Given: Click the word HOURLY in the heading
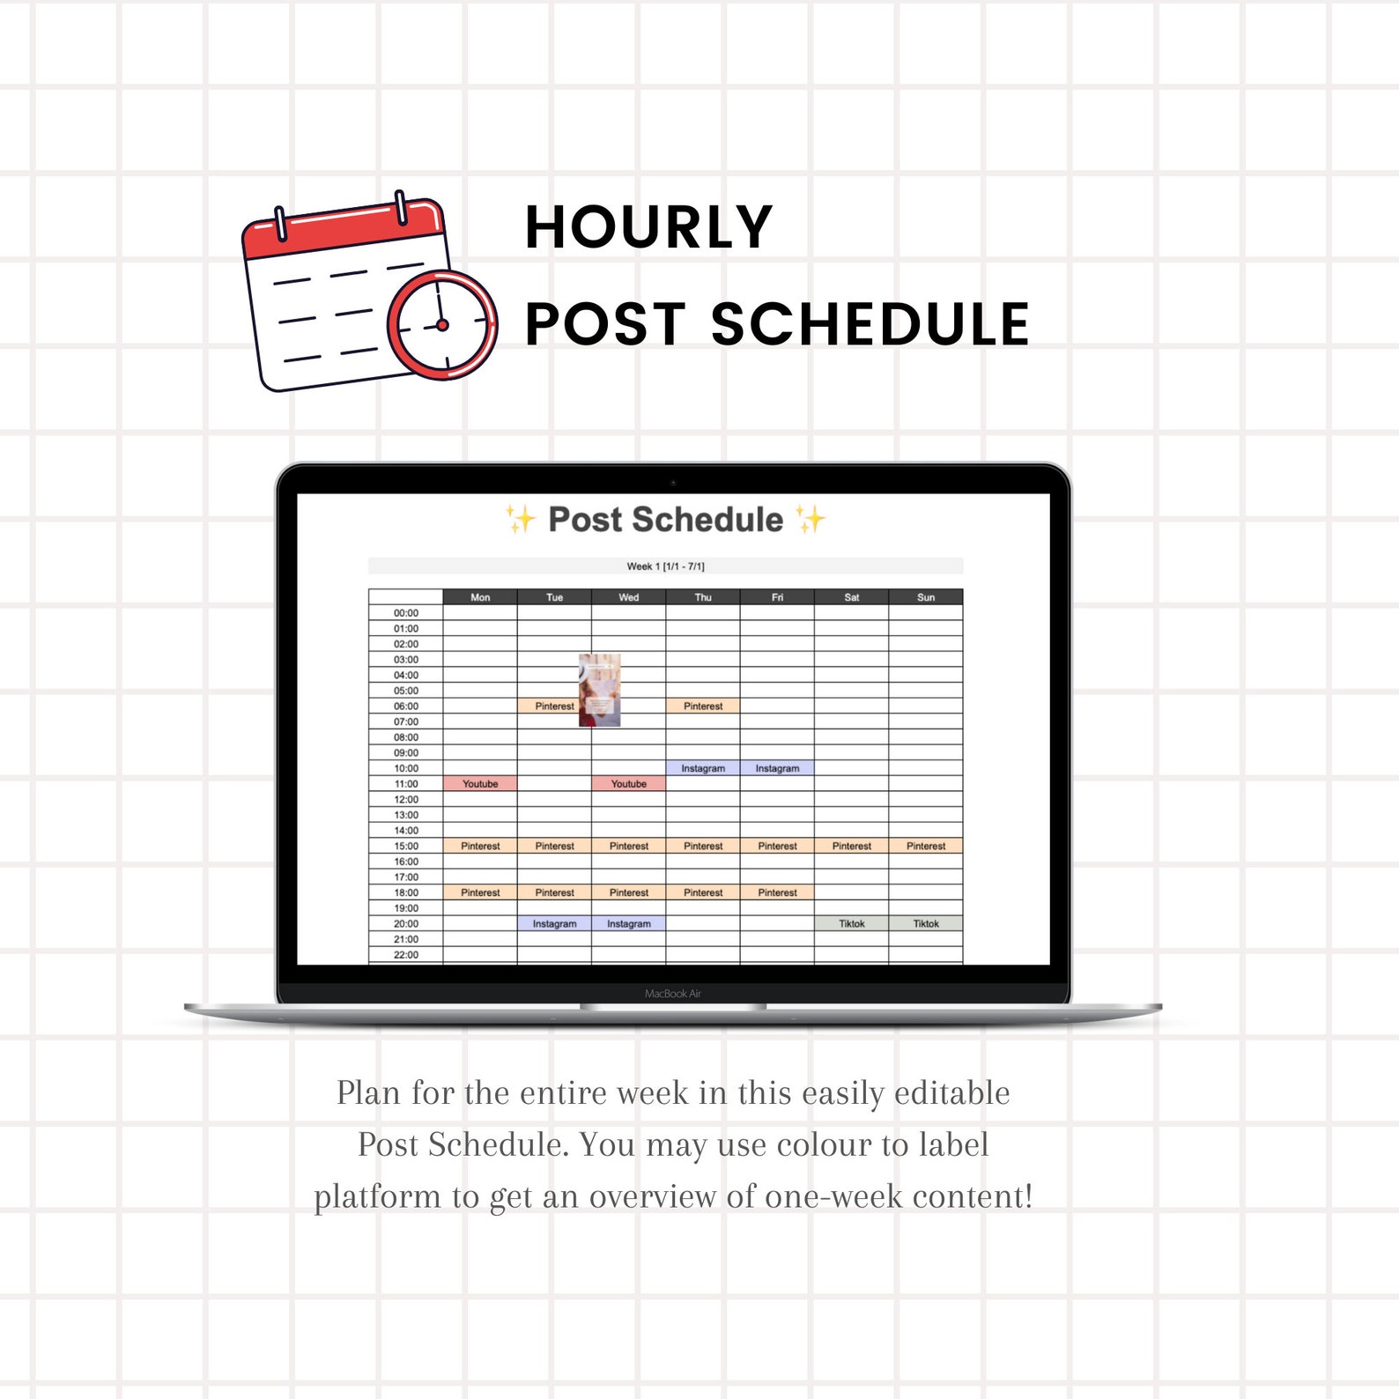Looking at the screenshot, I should (x=648, y=228).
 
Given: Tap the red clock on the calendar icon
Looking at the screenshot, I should (x=442, y=325).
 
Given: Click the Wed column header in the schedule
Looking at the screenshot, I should (x=628, y=597).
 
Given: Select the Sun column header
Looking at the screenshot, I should (x=926, y=597).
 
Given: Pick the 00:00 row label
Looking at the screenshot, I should (x=406, y=613).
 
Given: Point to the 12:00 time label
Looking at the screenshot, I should (x=406, y=800).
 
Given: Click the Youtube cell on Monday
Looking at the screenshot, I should (x=480, y=784).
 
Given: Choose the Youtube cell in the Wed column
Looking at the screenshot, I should (x=628, y=784).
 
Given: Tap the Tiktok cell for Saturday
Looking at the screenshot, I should (x=851, y=924).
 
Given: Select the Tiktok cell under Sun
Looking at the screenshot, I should (x=926, y=924).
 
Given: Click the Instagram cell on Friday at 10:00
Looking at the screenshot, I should (x=777, y=768).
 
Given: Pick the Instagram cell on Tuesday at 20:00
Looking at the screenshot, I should (x=554, y=924).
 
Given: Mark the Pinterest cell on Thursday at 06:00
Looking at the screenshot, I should (x=703, y=707).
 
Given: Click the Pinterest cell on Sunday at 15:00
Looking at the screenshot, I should (x=926, y=847).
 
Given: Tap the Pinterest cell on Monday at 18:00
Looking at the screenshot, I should (x=480, y=893).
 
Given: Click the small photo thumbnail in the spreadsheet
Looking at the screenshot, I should (x=599, y=690).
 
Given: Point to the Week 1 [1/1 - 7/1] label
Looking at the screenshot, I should (x=665, y=566).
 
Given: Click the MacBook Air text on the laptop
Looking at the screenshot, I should (x=673, y=994).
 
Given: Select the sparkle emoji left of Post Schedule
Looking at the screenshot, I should (x=520, y=520).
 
